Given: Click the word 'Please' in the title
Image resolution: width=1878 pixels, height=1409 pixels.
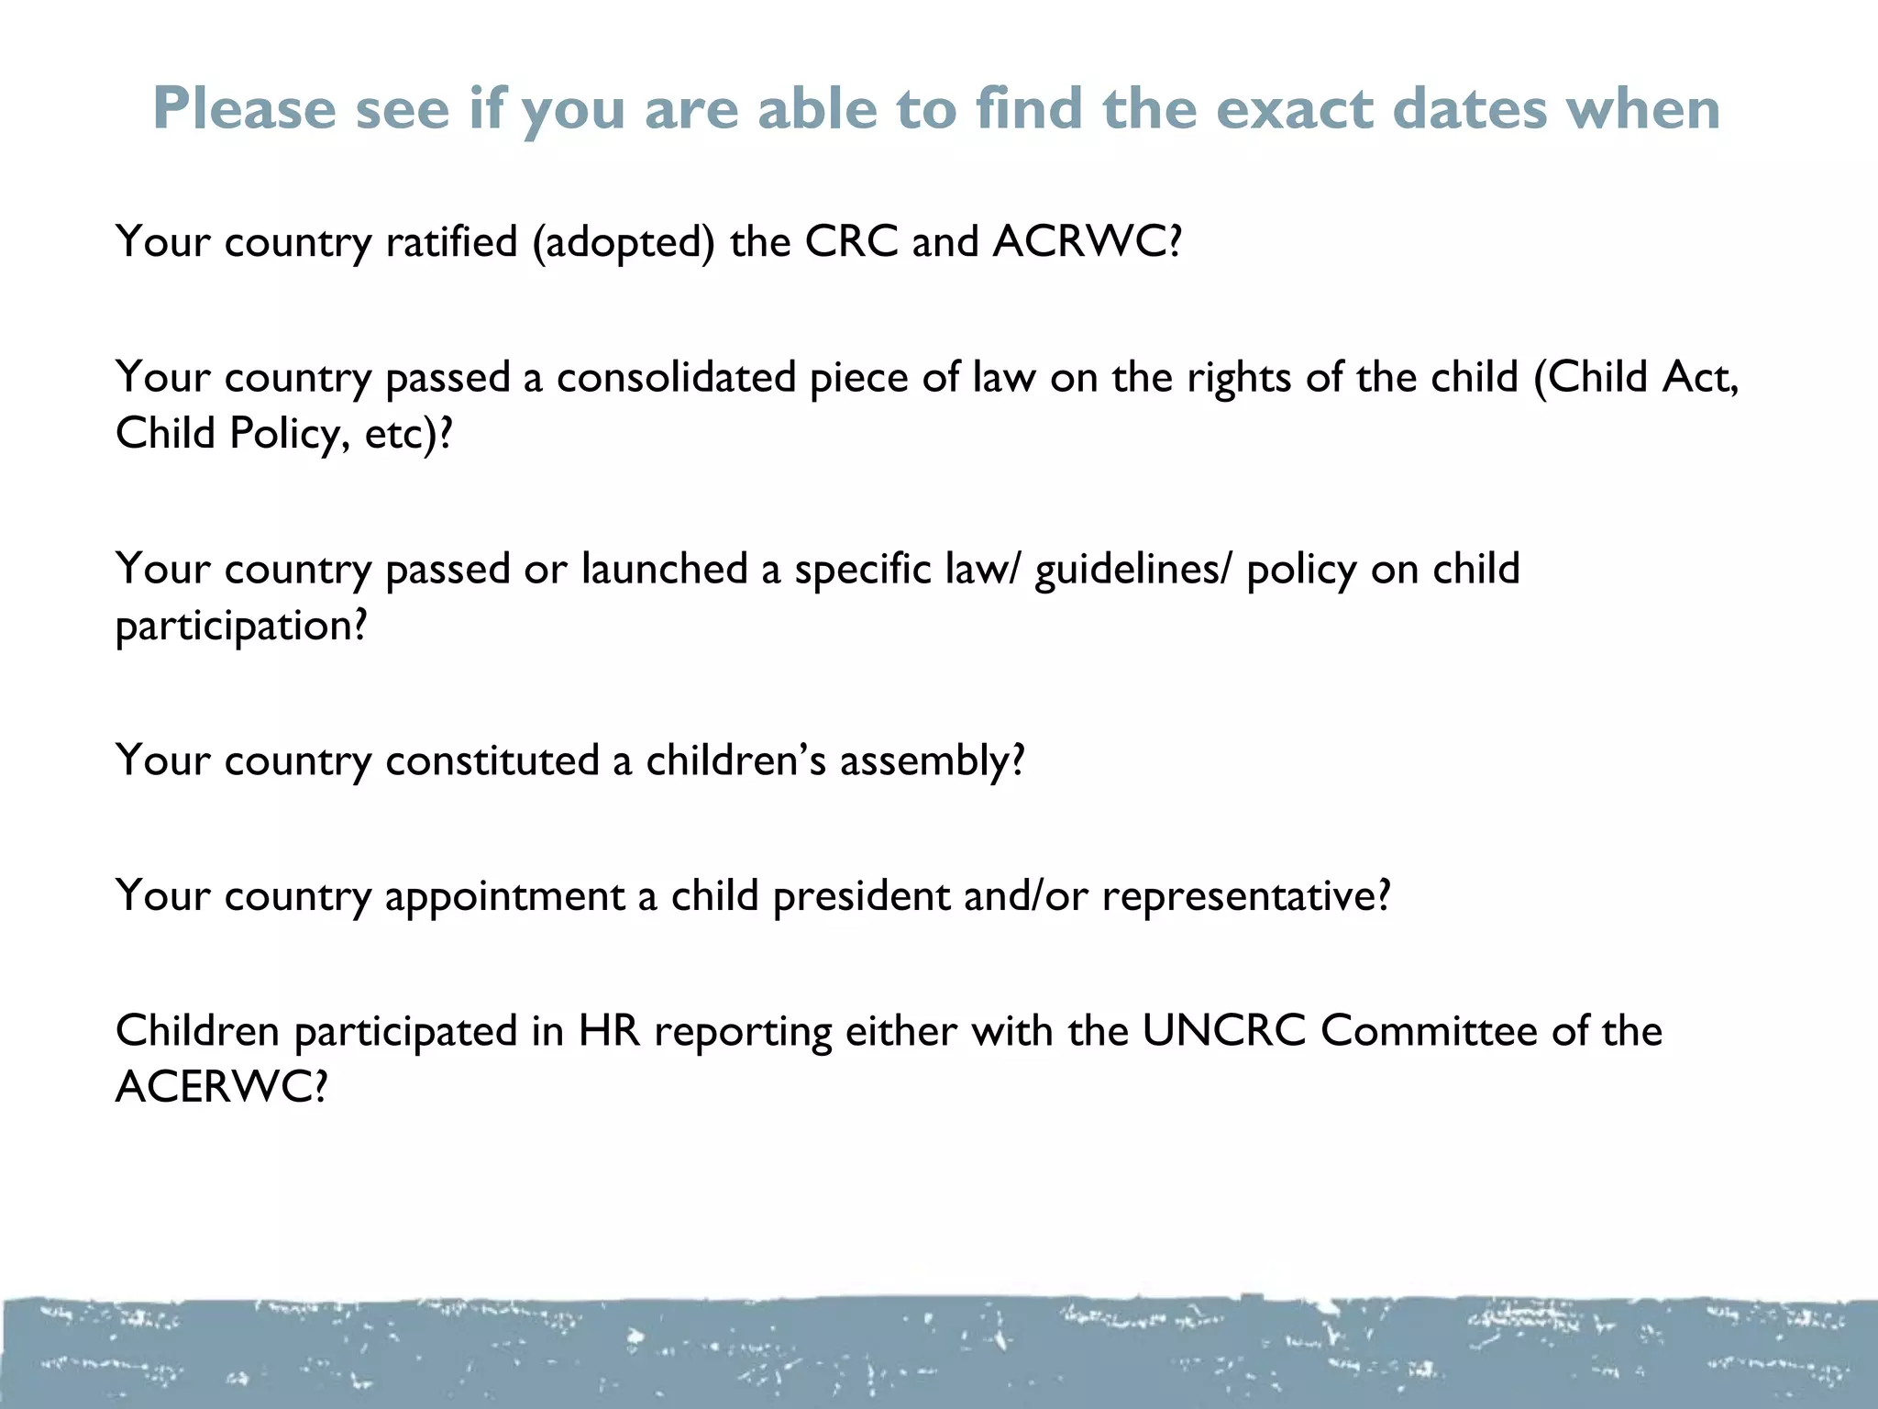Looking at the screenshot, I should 245,109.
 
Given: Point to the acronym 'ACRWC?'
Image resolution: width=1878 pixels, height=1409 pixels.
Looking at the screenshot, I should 1088,242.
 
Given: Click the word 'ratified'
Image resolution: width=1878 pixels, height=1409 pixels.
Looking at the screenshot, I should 452,242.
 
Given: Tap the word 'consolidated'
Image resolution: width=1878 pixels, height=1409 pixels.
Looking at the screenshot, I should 676,377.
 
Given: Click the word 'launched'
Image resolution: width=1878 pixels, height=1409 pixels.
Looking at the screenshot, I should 665,569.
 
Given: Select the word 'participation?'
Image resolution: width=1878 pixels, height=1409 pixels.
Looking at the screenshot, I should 241,627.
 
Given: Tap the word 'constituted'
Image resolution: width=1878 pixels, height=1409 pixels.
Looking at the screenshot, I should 492,760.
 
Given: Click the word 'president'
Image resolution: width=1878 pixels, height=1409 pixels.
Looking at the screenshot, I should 861,896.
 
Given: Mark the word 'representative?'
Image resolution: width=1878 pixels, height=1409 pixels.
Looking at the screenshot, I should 1246,896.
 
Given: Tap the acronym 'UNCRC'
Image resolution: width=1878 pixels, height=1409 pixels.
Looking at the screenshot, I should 1223,1031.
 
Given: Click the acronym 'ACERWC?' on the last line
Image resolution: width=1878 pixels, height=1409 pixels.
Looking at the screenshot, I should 221,1088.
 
